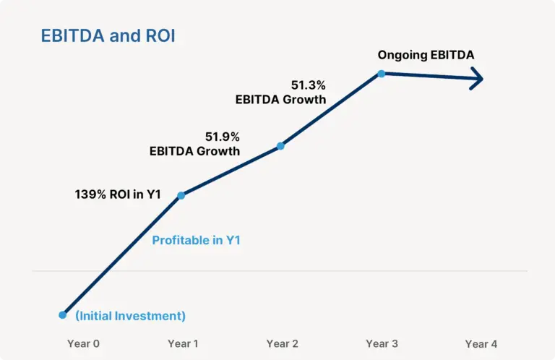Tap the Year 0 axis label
click(83, 344)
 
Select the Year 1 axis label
click(183, 344)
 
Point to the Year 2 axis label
click(282, 344)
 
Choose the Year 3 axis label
click(382, 344)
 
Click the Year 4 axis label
click(481, 344)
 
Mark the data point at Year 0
click(63, 315)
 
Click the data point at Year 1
click(181, 195)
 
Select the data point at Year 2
click(280, 146)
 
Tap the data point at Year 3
click(381, 73)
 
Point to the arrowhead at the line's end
click(478, 80)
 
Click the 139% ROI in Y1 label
click(118, 194)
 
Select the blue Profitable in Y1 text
click(196, 241)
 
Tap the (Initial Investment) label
click(131, 316)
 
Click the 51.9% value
click(223, 137)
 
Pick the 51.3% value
click(309, 85)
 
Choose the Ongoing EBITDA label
click(426, 54)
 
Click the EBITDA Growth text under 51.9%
click(194, 152)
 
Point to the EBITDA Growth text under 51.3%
click(280, 100)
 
